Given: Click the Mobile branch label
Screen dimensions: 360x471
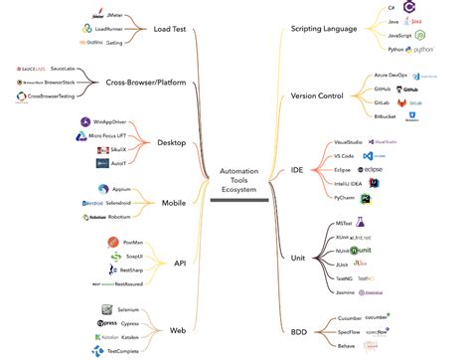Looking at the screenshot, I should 173,203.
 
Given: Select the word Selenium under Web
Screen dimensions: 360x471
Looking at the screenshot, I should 129,310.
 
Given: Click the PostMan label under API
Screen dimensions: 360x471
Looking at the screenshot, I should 133,243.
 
